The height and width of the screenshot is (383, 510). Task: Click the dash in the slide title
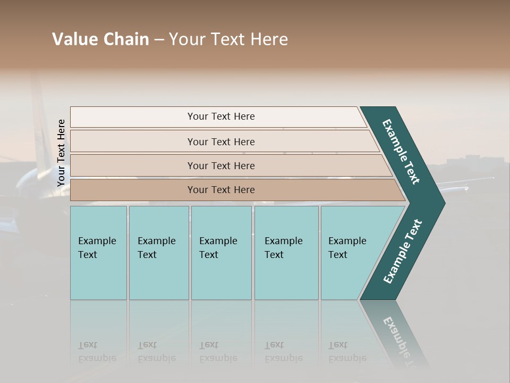pos(159,40)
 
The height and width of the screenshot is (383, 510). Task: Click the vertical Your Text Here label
pos(61,153)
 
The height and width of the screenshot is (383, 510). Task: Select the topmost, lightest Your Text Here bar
pos(220,116)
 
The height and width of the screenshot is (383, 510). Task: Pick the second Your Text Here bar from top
pos(220,141)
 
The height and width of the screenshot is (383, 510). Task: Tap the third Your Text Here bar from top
pos(220,166)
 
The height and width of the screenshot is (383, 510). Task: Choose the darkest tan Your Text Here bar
pos(220,190)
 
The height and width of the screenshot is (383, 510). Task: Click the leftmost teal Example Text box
pos(98,253)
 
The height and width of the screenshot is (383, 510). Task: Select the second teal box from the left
pos(158,253)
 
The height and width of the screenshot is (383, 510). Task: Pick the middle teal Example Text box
pos(221,253)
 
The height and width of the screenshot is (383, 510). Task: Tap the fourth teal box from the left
pos(286,253)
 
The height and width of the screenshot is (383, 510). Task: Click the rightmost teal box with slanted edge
pos(351,253)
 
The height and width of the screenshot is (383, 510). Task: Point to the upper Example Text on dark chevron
pos(401,152)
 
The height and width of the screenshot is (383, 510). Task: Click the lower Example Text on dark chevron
pos(402,251)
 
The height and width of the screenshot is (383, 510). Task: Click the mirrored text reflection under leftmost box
pos(97,352)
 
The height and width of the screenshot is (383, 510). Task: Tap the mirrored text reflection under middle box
pos(218,352)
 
